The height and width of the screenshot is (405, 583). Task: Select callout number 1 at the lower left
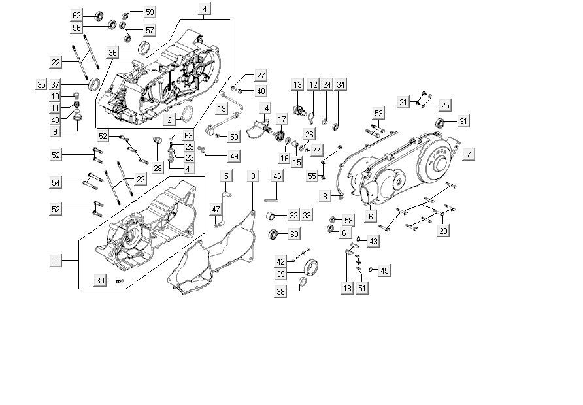click(x=56, y=261)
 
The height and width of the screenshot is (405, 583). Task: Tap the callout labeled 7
click(x=469, y=154)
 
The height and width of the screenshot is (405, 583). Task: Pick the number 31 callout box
click(x=463, y=121)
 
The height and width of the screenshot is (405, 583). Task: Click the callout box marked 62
click(x=77, y=15)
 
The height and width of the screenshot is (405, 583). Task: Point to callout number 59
click(x=150, y=12)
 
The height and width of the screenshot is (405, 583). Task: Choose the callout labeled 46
click(x=277, y=176)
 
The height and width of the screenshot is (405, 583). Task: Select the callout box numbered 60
click(x=294, y=234)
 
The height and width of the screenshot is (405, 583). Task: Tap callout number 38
click(x=280, y=292)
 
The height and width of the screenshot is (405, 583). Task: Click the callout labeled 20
click(x=444, y=231)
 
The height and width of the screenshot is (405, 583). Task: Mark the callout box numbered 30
click(x=101, y=280)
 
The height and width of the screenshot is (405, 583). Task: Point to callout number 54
click(x=56, y=182)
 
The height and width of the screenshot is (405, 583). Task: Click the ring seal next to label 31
click(x=442, y=123)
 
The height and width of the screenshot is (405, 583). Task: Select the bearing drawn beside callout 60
click(x=274, y=235)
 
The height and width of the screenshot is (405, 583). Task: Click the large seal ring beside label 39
click(x=312, y=267)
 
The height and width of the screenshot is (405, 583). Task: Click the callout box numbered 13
click(x=297, y=85)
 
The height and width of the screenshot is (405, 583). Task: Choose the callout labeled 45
click(x=384, y=270)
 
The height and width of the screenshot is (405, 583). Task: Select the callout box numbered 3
click(x=252, y=176)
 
